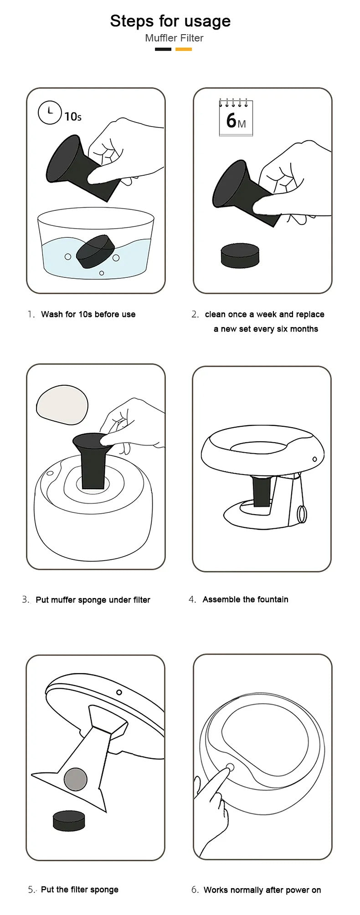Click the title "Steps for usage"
click(170, 21)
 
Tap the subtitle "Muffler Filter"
click(174, 38)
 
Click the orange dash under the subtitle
click(184, 49)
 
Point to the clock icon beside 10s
click(50, 112)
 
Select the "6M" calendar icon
click(236, 117)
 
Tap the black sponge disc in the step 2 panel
click(240, 256)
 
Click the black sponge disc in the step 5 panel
click(69, 820)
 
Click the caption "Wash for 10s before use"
click(88, 314)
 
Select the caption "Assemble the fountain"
click(246, 599)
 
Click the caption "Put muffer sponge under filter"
click(93, 600)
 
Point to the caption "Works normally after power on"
click(262, 890)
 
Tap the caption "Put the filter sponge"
click(80, 889)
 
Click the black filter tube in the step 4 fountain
click(262, 491)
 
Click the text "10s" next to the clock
click(73, 117)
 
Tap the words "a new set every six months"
click(266, 329)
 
